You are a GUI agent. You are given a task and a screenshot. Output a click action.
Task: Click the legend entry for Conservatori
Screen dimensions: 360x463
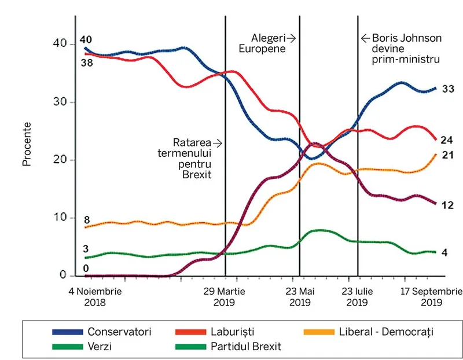(119, 332)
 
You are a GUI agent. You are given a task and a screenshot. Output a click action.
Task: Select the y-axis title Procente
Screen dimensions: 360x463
(27, 144)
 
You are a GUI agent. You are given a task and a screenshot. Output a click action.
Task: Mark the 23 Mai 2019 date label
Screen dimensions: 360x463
(300, 296)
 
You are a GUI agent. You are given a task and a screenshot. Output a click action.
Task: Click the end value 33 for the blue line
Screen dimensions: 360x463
(447, 89)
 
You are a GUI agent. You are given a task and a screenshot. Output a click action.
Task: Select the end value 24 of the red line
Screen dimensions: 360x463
(447, 139)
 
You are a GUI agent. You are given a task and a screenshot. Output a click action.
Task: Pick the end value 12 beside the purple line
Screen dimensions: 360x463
(447, 205)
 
